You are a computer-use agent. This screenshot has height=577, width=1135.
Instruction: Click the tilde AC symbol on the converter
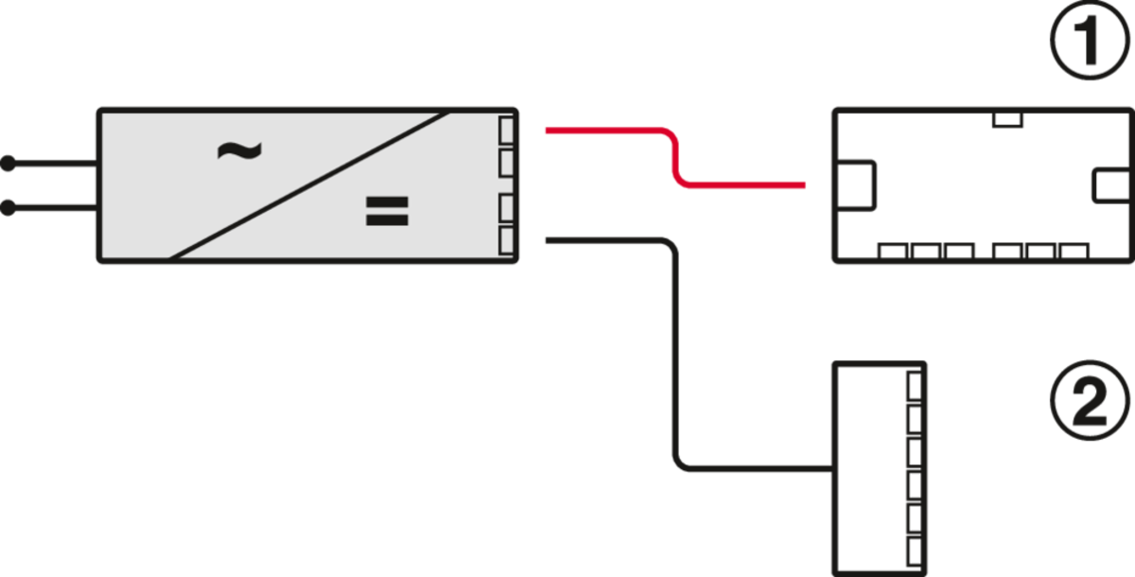point(238,151)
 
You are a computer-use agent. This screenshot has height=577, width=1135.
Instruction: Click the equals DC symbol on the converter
point(387,212)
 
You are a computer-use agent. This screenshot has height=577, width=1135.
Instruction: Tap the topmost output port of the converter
point(506,130)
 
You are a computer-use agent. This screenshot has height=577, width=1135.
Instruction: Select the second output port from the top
point(506,162)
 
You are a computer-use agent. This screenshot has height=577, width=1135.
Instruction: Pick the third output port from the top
point(506,206)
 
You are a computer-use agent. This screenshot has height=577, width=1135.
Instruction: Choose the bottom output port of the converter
point(506,239)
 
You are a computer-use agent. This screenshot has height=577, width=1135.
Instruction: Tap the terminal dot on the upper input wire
point(9,165)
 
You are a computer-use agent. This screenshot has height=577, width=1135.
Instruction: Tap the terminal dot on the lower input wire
point(9,209)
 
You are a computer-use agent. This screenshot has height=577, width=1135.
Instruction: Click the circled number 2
point(1091,400)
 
